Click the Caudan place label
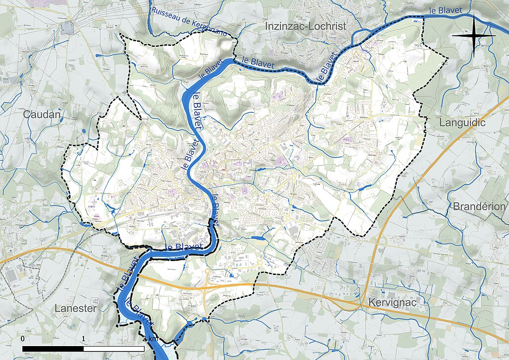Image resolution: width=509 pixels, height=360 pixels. [x=42, y=115]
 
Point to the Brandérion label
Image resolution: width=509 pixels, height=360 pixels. [x=479, y=206]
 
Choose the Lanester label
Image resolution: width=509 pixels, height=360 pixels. [x=75, y=308]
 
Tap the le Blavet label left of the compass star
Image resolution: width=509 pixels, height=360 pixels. [x=446, y=10]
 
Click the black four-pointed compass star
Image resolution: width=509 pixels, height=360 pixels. [x=474, y=36]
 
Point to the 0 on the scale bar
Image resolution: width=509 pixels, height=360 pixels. [x=23, y=339]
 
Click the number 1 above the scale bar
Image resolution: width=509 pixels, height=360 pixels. [x=84, y=339]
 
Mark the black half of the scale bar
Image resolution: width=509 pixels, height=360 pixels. [x=53, y=349]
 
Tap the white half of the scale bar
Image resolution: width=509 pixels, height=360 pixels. [x=114, y=349]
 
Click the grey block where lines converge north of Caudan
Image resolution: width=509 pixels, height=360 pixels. [x=67, y=27]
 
